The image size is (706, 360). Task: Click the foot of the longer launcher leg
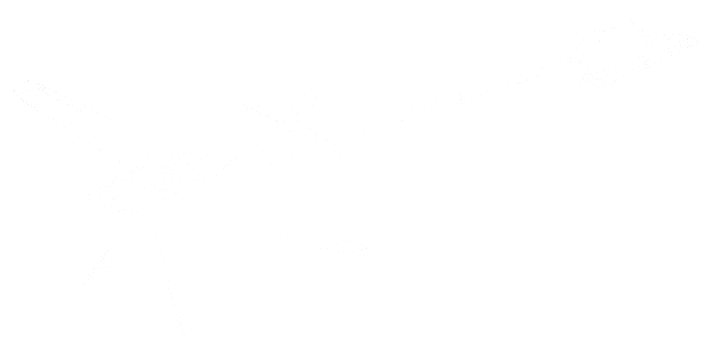183,334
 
